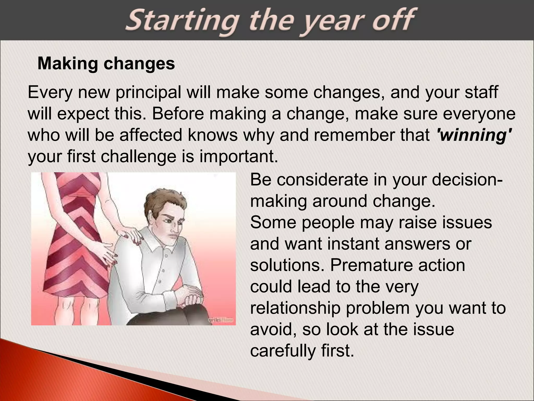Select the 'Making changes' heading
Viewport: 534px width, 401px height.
click(106, 63)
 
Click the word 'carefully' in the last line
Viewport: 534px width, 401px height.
click(283, 351)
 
